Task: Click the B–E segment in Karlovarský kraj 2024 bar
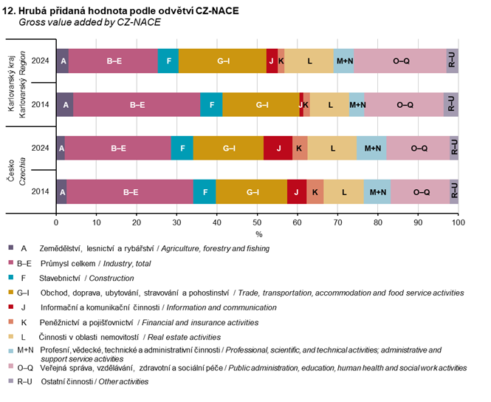(114, 61)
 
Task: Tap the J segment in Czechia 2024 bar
(278, 148)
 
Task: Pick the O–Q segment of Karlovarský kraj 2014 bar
(405, 105)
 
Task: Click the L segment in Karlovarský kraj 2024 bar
(309, 61)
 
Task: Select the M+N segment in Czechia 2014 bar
(377, 191)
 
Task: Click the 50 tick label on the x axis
(257, 221)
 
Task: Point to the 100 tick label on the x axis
(458, 221)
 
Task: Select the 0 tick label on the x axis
(56, 221)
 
